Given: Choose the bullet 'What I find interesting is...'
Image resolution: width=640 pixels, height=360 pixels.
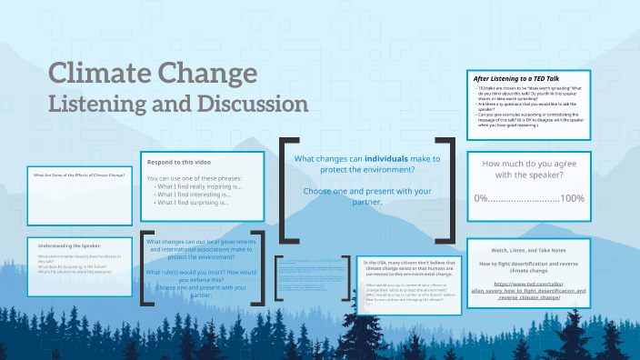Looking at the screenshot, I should pos(194,194).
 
